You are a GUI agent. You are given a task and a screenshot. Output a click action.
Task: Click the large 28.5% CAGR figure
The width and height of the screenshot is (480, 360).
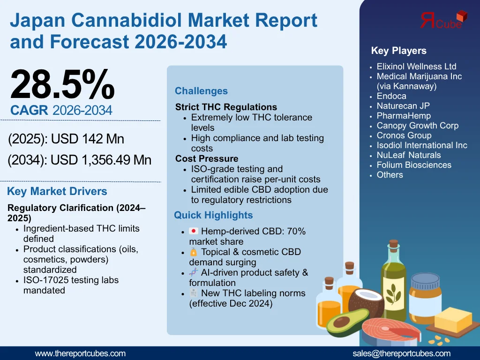click(x=62, y=84)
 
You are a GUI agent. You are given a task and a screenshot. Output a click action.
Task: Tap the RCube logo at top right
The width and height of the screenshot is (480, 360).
click(x=442, y=20)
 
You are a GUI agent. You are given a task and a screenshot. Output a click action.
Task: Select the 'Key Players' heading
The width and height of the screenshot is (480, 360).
click(x=398, y=51)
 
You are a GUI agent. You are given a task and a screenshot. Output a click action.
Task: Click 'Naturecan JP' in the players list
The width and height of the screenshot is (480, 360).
click(x=403, y=106)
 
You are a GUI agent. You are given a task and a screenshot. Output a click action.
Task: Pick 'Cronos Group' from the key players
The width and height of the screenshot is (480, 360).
click(x=404, y=135)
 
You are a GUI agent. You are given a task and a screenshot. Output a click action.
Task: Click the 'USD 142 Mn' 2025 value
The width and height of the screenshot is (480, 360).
click(x=88, y=139)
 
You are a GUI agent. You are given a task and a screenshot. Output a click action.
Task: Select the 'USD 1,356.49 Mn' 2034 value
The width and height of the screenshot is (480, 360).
click(x=101, y=160)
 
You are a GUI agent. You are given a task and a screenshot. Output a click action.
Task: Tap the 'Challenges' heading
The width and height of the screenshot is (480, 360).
click(x=201, y=91)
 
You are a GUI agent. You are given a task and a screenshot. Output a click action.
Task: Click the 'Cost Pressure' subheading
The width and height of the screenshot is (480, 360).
click(x=207, y=158)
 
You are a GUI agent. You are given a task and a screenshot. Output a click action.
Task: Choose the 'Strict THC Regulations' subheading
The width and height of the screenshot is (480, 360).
click(x=226, y=107)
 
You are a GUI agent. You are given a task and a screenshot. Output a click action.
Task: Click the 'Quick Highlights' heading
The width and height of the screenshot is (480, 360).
click(x=213, y=215)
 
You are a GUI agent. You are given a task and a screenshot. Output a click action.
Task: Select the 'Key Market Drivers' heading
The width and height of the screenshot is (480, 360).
click(x=57, y=191)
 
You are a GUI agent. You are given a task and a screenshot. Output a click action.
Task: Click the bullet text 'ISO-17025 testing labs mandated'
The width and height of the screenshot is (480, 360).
click(x=70, y=285)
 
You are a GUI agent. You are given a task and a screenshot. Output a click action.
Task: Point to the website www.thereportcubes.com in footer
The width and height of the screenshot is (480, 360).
click(x=80, y=353)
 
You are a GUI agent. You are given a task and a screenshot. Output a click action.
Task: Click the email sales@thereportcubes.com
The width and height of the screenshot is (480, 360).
click(x=401, y=353)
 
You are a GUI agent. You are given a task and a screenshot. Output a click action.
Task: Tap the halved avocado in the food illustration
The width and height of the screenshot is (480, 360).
click(x=345, y=322)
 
